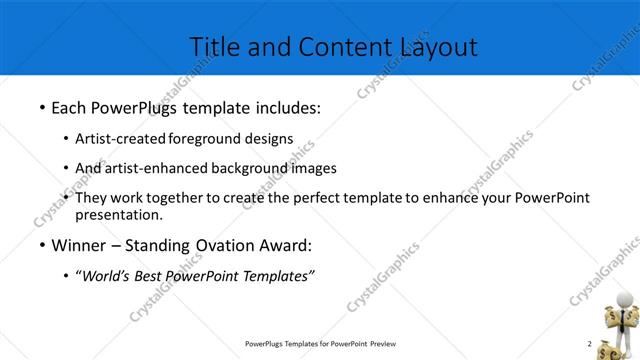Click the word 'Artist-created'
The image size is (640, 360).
point(121,139)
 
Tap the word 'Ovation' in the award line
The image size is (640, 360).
point(233,246)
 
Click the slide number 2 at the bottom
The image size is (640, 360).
point(589,344)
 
